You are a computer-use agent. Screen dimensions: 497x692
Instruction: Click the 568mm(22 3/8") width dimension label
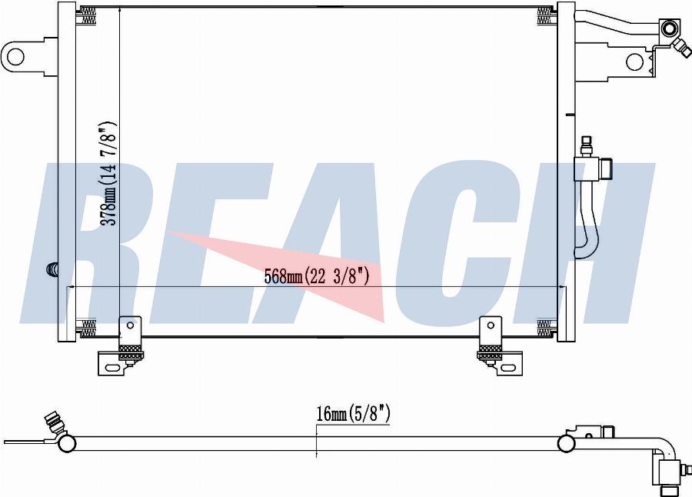(317, 276)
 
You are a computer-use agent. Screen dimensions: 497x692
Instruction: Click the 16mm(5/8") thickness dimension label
(353, 415)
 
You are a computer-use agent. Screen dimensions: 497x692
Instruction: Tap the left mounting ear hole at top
(15, 55)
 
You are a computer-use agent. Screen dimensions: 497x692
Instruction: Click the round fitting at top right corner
(669, 30)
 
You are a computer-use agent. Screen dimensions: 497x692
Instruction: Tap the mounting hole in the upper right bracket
(634, 62)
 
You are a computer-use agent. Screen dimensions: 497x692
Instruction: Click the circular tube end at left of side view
(67, 443)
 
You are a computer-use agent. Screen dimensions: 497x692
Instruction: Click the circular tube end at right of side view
(567, 443)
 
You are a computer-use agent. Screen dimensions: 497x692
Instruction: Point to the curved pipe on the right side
(587, 223)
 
